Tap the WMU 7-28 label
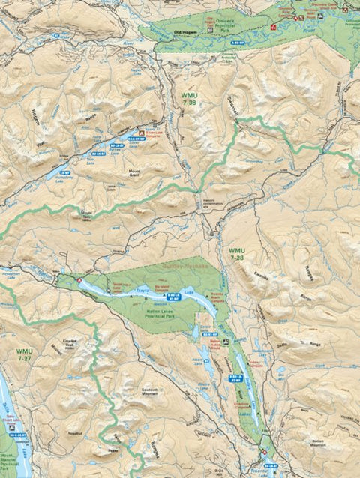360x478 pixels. click(237, 254)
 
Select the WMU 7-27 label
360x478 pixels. click(24, 354)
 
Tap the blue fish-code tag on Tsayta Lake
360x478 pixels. click(172, 298)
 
